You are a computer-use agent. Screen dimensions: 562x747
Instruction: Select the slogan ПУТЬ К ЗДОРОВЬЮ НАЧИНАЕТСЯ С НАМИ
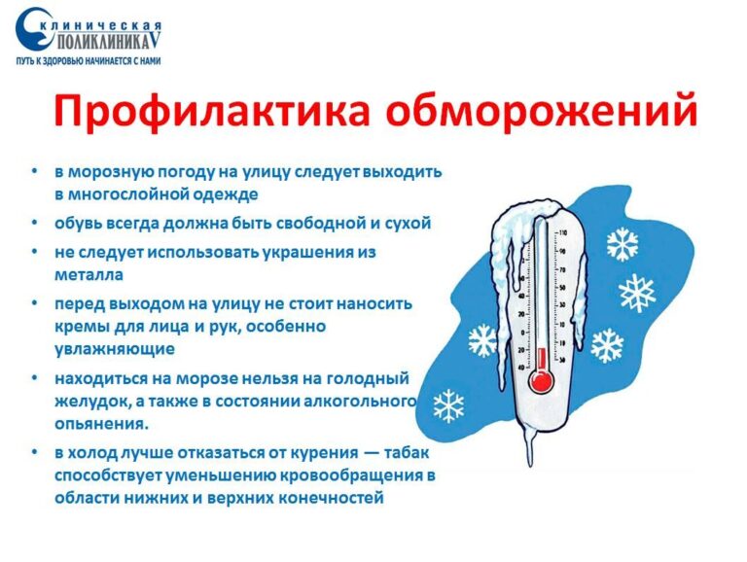(89, 61)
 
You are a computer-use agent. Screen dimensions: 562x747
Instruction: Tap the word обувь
(77, 224)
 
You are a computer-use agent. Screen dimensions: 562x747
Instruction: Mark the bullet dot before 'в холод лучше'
(36, 453)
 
